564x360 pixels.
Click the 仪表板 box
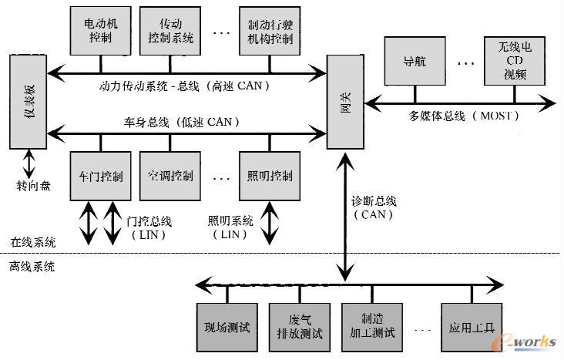pyautogui.click(x=27, y=100)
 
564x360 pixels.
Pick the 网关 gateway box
pyautogui.click(x=344, y=102)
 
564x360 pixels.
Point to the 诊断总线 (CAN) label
pyautogui.click(x=374, y=207)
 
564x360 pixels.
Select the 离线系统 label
pyautogui.click(x=32, y=267)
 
